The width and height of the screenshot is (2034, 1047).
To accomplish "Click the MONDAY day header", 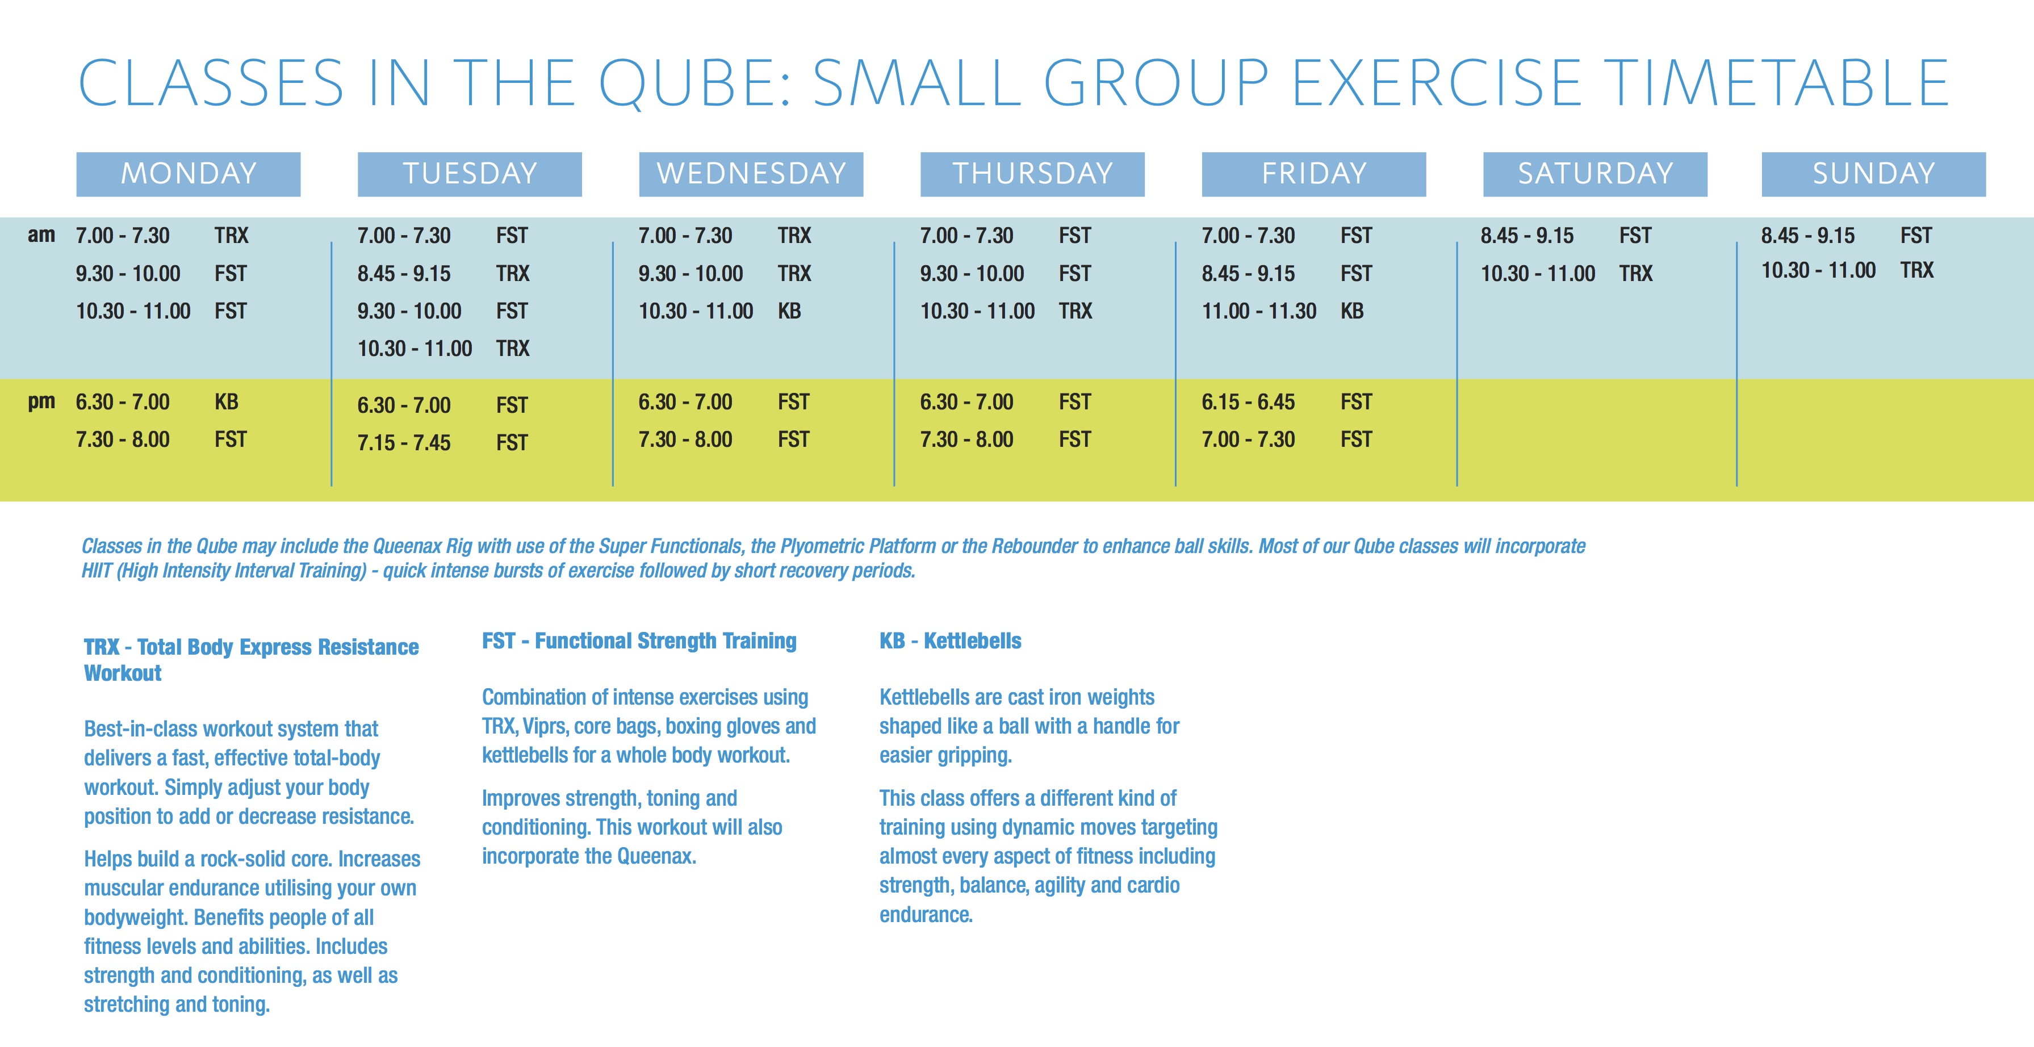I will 188,174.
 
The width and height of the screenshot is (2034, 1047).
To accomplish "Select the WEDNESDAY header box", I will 750,174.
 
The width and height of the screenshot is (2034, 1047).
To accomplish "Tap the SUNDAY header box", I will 1873,174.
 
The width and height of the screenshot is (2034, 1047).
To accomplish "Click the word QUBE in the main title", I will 695,83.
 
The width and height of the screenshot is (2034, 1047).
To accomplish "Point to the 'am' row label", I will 41,234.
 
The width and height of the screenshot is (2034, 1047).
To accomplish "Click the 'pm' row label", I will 41,401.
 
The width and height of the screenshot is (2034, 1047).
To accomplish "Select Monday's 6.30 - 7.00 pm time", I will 123,402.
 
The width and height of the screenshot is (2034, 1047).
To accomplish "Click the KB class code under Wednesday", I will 789,311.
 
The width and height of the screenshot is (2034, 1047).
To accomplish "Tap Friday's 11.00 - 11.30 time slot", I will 1259,311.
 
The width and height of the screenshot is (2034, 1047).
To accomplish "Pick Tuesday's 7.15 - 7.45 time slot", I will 404,443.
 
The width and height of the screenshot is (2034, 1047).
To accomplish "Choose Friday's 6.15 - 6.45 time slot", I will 1248,402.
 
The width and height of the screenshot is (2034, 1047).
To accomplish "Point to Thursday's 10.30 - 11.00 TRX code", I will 1075,311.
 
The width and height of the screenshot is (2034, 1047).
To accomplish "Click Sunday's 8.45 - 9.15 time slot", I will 1807,235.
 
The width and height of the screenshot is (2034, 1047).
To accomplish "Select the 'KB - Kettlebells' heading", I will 950,640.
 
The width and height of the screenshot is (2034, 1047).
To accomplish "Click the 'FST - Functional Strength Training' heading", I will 639,640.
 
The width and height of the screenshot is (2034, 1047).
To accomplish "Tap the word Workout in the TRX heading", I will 123,673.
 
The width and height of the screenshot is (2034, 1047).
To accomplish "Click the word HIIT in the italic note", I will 97,570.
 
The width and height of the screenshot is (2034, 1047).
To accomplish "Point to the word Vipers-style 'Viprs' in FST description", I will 545,726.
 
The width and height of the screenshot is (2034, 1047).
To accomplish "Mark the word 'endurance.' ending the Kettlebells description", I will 926,914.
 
